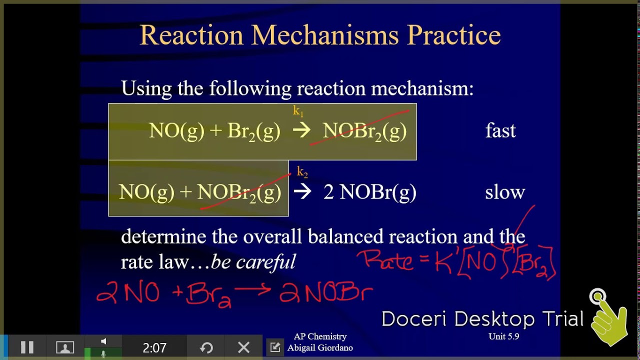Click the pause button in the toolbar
27,347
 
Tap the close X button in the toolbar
243,347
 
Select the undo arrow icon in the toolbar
206,347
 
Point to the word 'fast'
500,131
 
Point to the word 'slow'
505,192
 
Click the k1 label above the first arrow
298,111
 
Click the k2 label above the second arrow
302,172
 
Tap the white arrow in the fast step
301,131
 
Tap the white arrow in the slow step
302,192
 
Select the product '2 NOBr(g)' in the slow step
370,192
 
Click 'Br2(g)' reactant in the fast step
253,131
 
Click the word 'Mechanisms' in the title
325,35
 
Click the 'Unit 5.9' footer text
503,336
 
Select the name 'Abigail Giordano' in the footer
320,347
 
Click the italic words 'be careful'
253,261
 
